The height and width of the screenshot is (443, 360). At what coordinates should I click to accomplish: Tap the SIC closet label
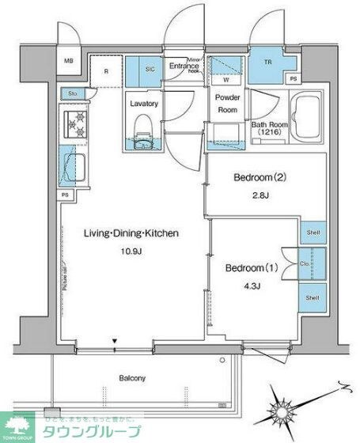150,70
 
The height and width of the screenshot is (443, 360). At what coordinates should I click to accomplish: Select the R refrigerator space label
107,70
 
